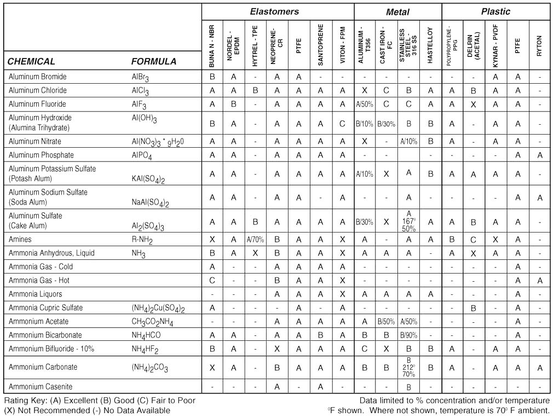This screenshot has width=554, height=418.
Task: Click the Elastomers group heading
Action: click(x=274, y=11)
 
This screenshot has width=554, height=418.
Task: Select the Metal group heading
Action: click(x=397, y=11)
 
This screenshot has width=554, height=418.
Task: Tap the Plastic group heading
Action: click(x=495, y=11)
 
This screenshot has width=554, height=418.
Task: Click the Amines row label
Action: click(x=21, y=240)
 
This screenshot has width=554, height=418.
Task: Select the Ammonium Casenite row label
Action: click(x=41, y=387)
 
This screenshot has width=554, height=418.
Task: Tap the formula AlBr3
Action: click(x=140, y=77)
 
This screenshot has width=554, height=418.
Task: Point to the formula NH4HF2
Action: click(x=144, y=349)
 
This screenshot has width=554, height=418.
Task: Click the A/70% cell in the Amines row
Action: click(x=255, y=240)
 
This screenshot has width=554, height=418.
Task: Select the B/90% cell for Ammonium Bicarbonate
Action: click(x=408, y=335)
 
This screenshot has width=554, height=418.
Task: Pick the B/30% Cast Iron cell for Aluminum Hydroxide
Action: click(x=386, y=124)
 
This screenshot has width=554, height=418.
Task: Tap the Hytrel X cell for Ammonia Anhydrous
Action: click(x=255, y=253)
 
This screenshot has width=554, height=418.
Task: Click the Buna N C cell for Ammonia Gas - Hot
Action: click(x=212, y=281)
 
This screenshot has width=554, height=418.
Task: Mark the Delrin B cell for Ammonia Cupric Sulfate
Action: click(x=474, y=308)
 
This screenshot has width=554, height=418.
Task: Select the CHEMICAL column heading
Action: click(x=31, y=61)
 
